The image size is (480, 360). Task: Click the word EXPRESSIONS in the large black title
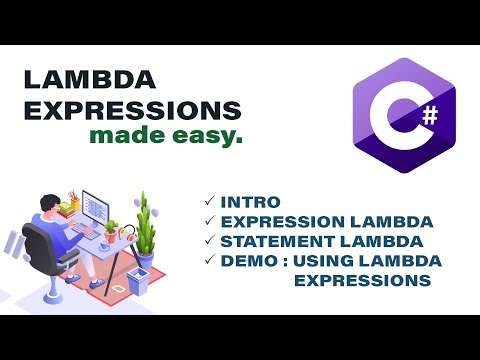[131, 110]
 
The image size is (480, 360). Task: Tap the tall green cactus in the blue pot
[144, 225]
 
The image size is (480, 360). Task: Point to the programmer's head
[46, 199]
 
